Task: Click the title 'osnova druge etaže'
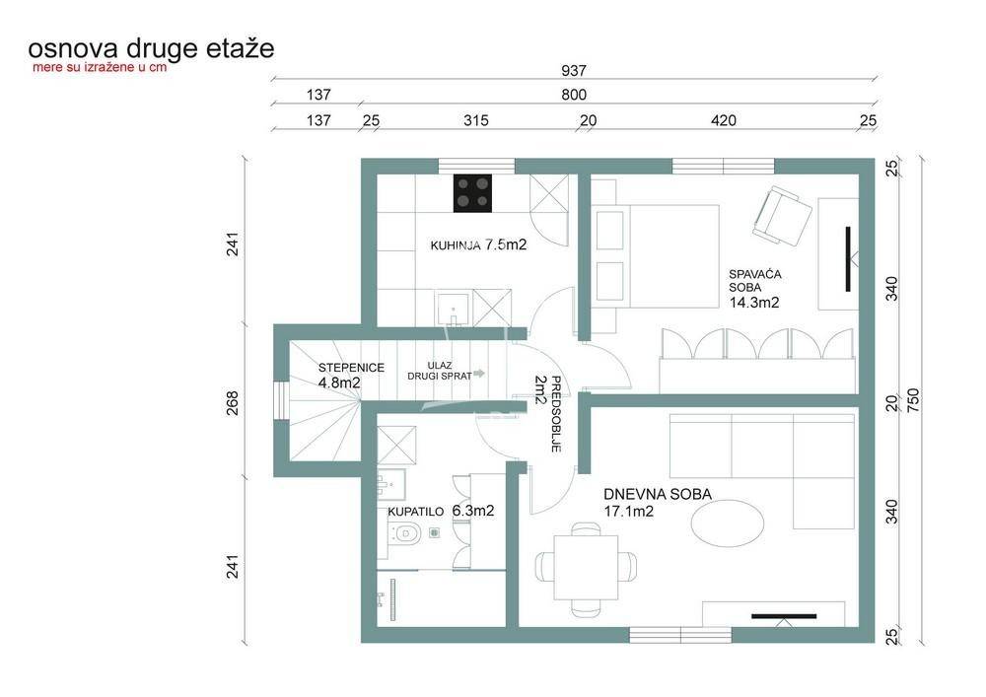tap(151, 48)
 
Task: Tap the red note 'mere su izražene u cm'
tap(100, 67)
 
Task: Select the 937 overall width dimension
tap(574, 70)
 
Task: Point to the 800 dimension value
tap(574, 95)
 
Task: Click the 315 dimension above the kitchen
tap(476, 120)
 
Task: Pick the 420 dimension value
tap(723, 120)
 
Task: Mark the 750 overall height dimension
tap(913, 400)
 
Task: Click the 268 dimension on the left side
tap(232, 403)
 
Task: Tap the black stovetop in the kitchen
tap(473, 193)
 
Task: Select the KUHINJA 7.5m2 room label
tap(478, 245)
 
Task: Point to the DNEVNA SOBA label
tap(658, 494)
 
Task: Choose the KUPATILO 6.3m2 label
tap(441, 511)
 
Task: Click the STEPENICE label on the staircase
tap(351, 368)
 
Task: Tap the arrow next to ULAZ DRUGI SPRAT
tap(479, 374)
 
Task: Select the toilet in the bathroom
tap(404, 533)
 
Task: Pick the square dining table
tap(586, 568)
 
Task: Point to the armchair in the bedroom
tap(782, 216)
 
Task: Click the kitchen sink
tap(454, 309)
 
